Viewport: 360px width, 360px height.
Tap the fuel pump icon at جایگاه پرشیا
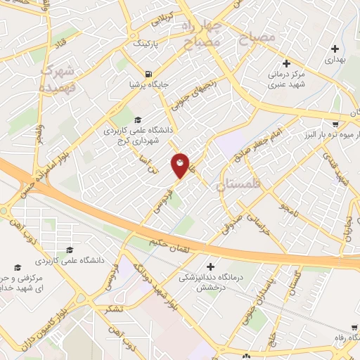pos(148,74)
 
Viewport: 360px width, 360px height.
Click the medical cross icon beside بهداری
pos(335,49)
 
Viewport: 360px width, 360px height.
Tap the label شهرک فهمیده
pos(56,79)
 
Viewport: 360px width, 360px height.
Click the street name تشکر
pos(110,310)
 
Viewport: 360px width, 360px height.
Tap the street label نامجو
pos(288,207)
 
